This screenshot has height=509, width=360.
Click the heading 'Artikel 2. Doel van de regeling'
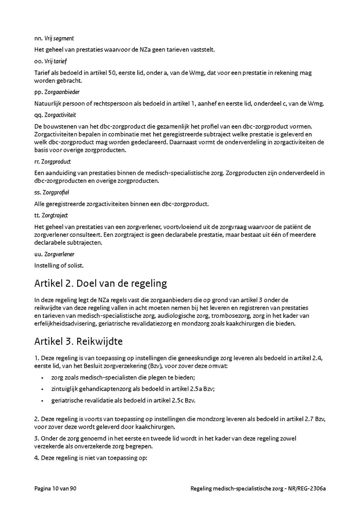(x=100, y=283)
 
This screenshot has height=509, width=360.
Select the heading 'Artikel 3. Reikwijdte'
(x=78, y=341)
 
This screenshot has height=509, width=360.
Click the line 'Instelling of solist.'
(x=59, y=265)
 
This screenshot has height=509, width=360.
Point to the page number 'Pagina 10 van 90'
(x=55, y=489)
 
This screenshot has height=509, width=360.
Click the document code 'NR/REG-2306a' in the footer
(x=307, y=489)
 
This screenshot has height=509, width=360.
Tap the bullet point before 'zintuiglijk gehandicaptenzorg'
(x=42, y=389)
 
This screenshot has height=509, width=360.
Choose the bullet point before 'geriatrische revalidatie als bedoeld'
(x=42, y=400)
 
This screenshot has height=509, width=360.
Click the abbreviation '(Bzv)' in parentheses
(x=155, y=366)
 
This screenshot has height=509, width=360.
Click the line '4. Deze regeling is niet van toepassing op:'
(x=91, y=458)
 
